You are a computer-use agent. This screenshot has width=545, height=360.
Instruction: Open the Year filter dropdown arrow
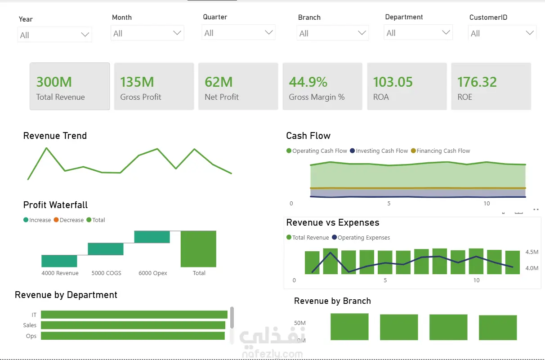point(85,35)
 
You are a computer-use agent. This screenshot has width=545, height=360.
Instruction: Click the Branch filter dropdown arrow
point(362,33)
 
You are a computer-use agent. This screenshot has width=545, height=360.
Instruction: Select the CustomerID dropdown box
point(502,33)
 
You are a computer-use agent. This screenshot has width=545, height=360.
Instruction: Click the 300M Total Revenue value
point(54,82)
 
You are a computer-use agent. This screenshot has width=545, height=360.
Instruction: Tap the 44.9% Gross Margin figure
point(308,82)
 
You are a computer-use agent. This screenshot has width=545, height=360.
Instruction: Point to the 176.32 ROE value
point(477,82)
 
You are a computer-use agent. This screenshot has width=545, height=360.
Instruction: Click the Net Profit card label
point(222,97)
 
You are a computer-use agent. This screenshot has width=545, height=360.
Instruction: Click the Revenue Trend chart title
point(55,136)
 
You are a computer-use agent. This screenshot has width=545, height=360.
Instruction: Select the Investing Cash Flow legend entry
point(379,151)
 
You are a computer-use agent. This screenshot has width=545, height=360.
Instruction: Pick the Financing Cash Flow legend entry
point(440,151)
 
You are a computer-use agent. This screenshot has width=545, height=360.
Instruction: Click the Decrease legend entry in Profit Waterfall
point(69,220)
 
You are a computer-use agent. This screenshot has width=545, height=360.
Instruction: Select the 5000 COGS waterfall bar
point(106,249)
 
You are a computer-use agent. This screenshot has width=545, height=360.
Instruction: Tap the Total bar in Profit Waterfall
point(198,249)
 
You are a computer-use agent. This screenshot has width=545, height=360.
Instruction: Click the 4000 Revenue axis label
point(60,273)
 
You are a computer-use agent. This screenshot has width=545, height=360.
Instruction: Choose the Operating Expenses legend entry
point(361,237)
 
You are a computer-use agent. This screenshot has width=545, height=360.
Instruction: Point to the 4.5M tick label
point(532,252)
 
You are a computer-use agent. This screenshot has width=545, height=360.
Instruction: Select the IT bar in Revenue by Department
point(134,315)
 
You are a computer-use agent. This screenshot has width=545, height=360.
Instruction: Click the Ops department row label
point(31,336)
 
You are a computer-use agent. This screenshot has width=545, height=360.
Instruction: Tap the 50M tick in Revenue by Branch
point(300,323)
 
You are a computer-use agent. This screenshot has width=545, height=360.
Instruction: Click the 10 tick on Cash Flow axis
point(487,203)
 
